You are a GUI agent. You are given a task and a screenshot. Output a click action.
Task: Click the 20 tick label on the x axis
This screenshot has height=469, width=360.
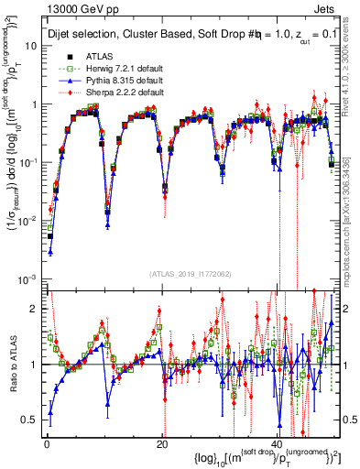(x=163, y=444)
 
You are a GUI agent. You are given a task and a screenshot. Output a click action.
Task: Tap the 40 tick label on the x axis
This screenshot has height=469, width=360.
(x=278, y=444)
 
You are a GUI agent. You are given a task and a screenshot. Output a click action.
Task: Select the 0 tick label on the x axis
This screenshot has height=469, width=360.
(x=47, y=444)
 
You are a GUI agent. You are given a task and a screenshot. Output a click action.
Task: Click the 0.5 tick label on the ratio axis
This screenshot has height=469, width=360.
(x=32, y=420)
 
